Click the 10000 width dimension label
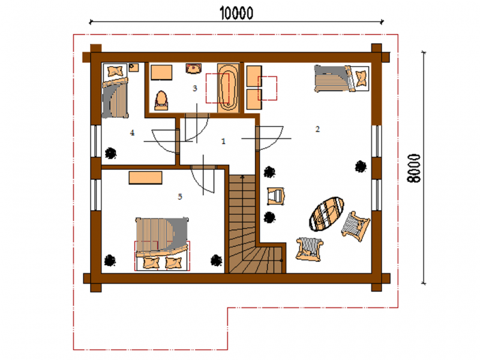236,13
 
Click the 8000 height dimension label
414,168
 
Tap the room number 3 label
194,88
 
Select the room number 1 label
223,141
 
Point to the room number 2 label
317,129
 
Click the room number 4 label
132,133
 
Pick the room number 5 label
180,197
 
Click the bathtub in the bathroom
228,88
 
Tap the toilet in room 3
161,100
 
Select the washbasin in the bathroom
193,68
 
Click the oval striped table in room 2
326,214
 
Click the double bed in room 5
162,244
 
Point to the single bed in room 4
115,91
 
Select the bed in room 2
341,79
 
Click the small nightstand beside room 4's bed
133,67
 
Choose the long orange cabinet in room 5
145,178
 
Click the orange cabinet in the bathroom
161,72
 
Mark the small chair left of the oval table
276,196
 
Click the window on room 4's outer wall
96,141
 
